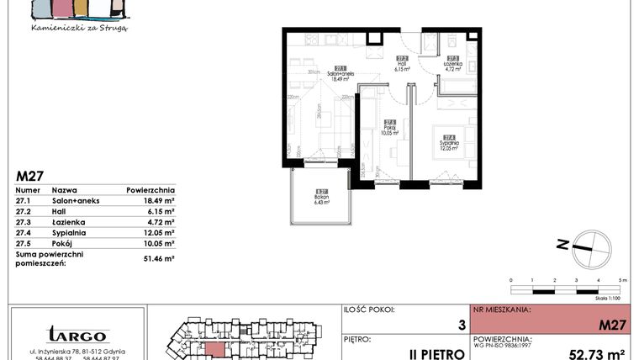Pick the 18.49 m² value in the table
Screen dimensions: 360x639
click(157, 201)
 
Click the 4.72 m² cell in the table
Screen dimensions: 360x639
click(158, 222)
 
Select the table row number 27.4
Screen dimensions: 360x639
click(26, 233)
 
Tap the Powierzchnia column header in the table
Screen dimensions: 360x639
click(151, 190)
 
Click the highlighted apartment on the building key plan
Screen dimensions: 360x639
click(216, 349)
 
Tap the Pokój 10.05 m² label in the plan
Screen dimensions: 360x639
click(389, 129)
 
